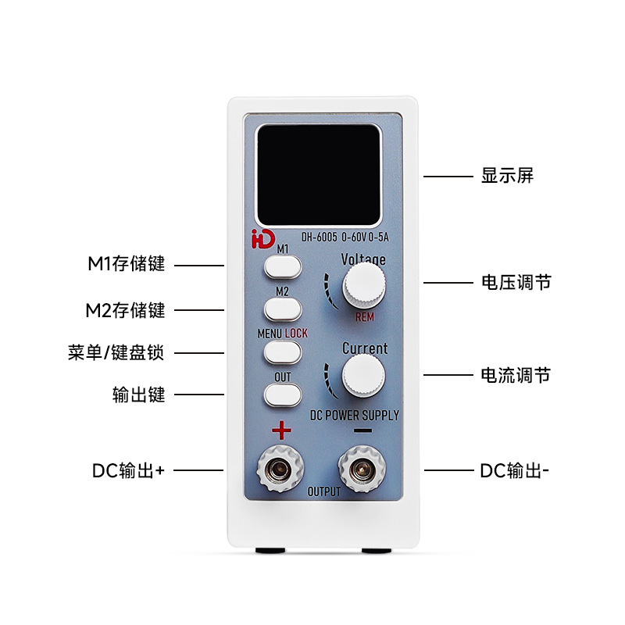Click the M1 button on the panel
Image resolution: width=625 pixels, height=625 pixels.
(282, 267)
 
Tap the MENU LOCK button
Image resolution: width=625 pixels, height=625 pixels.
(282, 352)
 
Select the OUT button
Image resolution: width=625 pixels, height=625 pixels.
(282, 396)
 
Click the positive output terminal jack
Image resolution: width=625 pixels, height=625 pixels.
(277, 469)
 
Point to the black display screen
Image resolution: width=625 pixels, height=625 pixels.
(319, 173)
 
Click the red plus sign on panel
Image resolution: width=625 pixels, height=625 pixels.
(281, 430)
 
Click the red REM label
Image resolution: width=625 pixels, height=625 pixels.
(365, 318)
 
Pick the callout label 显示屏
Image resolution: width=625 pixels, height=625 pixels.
(507, 176)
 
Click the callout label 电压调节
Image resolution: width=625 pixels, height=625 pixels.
(516, 282)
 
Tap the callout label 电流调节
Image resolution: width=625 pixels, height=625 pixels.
(516, 376)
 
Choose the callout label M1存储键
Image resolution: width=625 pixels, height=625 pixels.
(126, 264)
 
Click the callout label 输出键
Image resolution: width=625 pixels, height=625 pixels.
(139, 395)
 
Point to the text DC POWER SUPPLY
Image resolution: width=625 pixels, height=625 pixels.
(354, 415)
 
